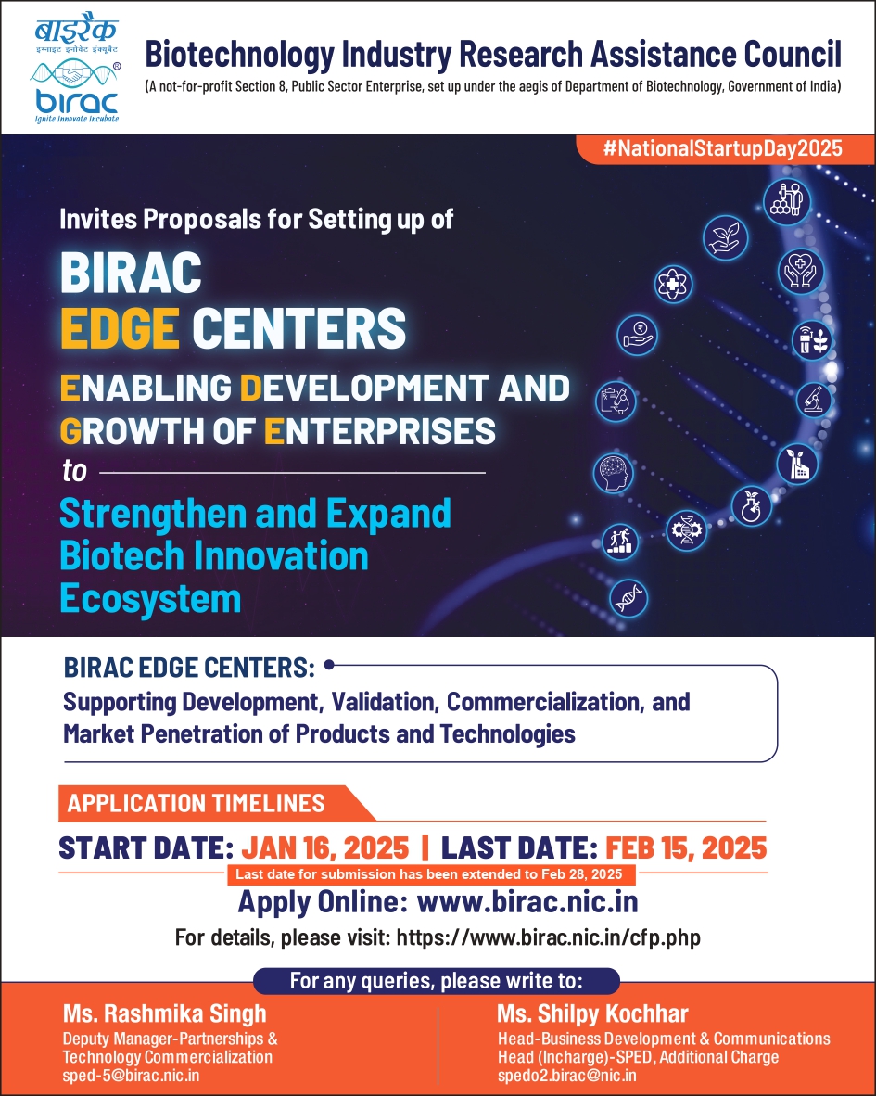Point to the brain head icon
click(613, 473)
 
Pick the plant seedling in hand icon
click(726, 237)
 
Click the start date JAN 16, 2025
click(324, 847)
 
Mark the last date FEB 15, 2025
click(686, 847)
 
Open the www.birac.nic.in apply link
click(527, 901)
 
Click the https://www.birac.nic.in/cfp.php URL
click(548, 937)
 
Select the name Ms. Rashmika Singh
click(164, 1012)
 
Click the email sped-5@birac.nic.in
click(131, 1075)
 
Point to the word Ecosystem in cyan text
click(150, 598)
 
